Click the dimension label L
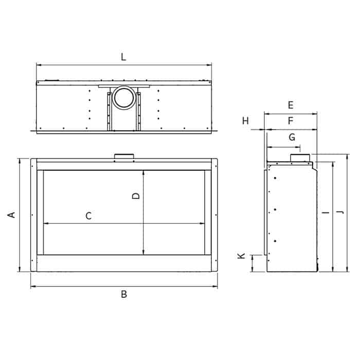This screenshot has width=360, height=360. pos(123,57)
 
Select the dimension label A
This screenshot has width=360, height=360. pos(11,215)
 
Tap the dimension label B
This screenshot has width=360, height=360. pos(124,294)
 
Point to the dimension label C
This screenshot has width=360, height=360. pos(88,216)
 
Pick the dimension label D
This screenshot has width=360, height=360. pos(136,195)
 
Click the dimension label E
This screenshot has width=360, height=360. pos(291,105)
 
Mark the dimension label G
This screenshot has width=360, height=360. pos(292,137)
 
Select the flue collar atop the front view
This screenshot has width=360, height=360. pos(123,156)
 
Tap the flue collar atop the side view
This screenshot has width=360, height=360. pos(301,157)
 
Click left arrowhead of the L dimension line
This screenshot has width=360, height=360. pos(38,65)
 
